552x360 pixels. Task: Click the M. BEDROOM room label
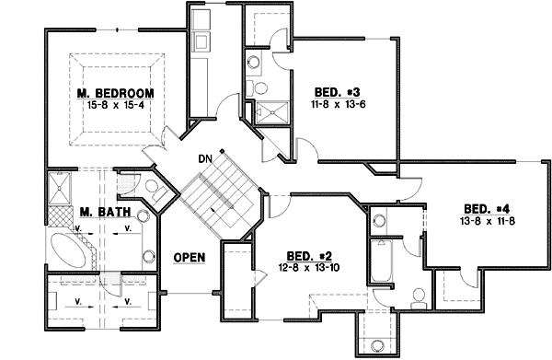click(115, 94)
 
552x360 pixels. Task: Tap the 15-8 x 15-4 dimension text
click(115, 106)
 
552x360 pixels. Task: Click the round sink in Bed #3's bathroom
click(252, 63)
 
